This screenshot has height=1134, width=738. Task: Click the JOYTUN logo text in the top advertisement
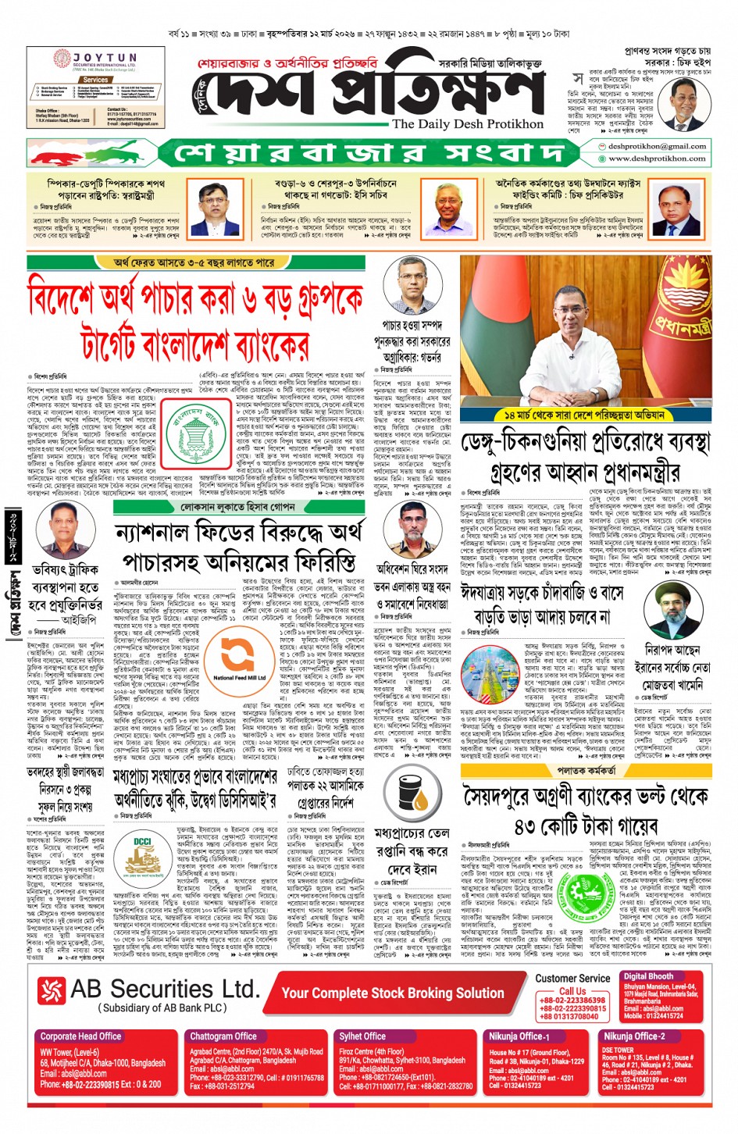coord(105,59)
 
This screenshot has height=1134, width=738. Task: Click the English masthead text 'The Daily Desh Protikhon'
coord(467,124)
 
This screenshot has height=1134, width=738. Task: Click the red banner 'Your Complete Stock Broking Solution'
coord(393,993)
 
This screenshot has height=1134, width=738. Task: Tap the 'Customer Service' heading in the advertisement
coord(572,978)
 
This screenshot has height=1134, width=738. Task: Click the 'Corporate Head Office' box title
coord(80,1036)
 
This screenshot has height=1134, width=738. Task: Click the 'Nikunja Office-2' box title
coord(633,1036)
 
